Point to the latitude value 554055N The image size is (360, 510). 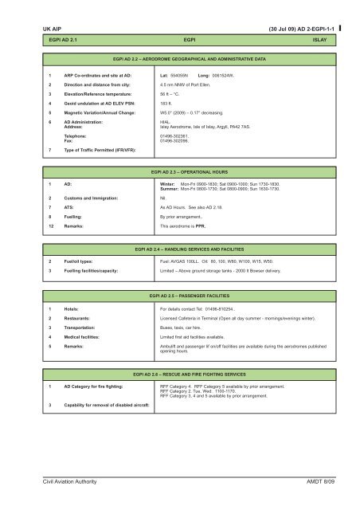tap(182, 76)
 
